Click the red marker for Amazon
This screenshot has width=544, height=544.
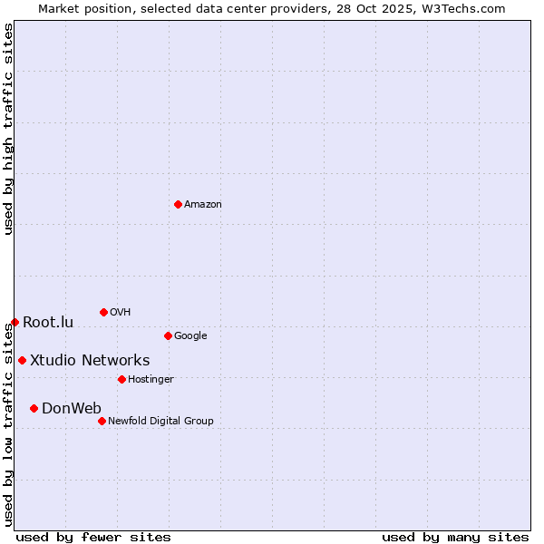pos(178,204)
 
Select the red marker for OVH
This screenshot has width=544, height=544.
pos(103,312)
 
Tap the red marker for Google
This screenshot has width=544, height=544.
pos(168,335)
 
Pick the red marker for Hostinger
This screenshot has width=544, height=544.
pos(121,379)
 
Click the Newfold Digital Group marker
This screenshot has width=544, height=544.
pos(102,421)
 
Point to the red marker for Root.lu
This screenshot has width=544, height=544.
pos(15,322)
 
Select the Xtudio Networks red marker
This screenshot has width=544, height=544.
pos(22,360)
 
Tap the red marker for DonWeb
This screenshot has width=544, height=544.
pos(34,408)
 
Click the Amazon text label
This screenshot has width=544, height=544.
pos(203,205)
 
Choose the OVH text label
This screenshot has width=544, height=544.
pos(121,313)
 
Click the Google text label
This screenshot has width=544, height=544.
pos(190,336)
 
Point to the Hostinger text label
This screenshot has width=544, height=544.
pos(151,380)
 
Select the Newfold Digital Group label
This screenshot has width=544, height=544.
pos(160,422)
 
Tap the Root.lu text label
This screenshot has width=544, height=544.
pos(48,323)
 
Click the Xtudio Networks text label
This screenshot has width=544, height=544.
pos(90,361)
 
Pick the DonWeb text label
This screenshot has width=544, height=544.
pos(72,409)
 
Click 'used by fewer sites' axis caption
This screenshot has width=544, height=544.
pos(93,538)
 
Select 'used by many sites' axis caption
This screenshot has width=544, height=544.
pos(455,538)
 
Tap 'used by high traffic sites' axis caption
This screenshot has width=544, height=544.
pos(8,129)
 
